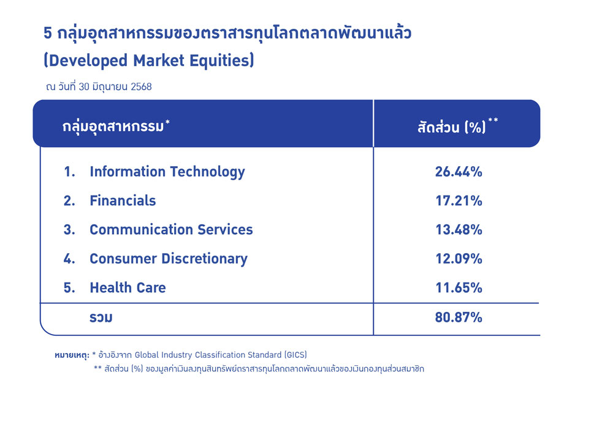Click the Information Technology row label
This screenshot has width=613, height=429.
coord(167,172)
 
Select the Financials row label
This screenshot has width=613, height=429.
coord(123,201)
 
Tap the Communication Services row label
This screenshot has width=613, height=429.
coord(171,230)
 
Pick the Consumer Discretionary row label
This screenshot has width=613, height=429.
coord(169,259)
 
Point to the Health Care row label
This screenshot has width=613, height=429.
coord(128,288)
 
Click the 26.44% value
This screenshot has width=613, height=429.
coord(459,172)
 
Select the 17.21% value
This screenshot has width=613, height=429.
coord(459,201)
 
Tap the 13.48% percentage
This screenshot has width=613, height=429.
coord(459,230)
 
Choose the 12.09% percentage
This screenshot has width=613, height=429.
coord(459,259)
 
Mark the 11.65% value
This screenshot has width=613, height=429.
coord(459,288)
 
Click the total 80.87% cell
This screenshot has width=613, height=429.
coord(459,317)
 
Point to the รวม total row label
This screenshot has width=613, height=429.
coord(101,317)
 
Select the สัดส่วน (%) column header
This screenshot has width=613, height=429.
coord(452,127)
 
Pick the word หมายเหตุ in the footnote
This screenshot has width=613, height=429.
coord(72,355)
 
